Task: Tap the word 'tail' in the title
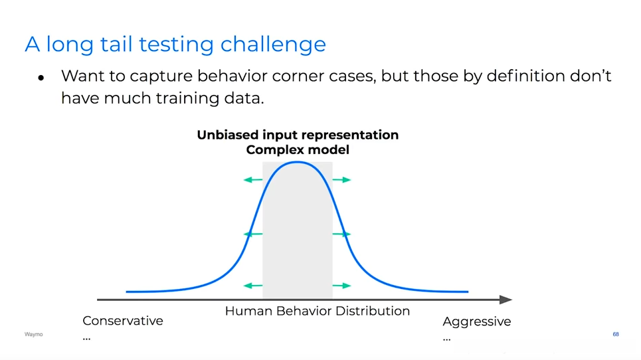[x=116, y=43]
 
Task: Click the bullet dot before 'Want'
[x=41, y=78]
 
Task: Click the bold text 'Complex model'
[x=298, y=150]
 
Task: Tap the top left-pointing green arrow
[x=253, y=180]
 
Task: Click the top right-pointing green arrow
[x=342, y=180]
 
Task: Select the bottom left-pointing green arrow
[x=253, y=286]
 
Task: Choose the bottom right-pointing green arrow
[x=342, y=286]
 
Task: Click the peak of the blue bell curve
[x=298, y=163]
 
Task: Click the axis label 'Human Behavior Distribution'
[x=318, y=311]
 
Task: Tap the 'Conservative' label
[x=123, y=321]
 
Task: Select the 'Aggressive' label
[x=477, y=322]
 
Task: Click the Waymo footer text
[x=33, y=334]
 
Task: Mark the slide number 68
[x=616, y=334]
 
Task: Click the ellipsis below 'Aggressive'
[x=447, y=339]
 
